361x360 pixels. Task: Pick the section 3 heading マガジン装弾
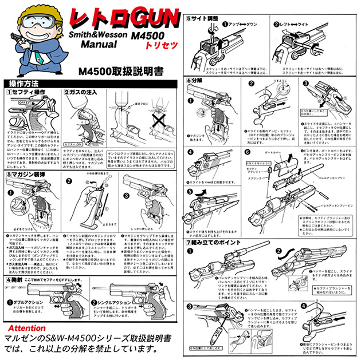pos(28,173)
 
